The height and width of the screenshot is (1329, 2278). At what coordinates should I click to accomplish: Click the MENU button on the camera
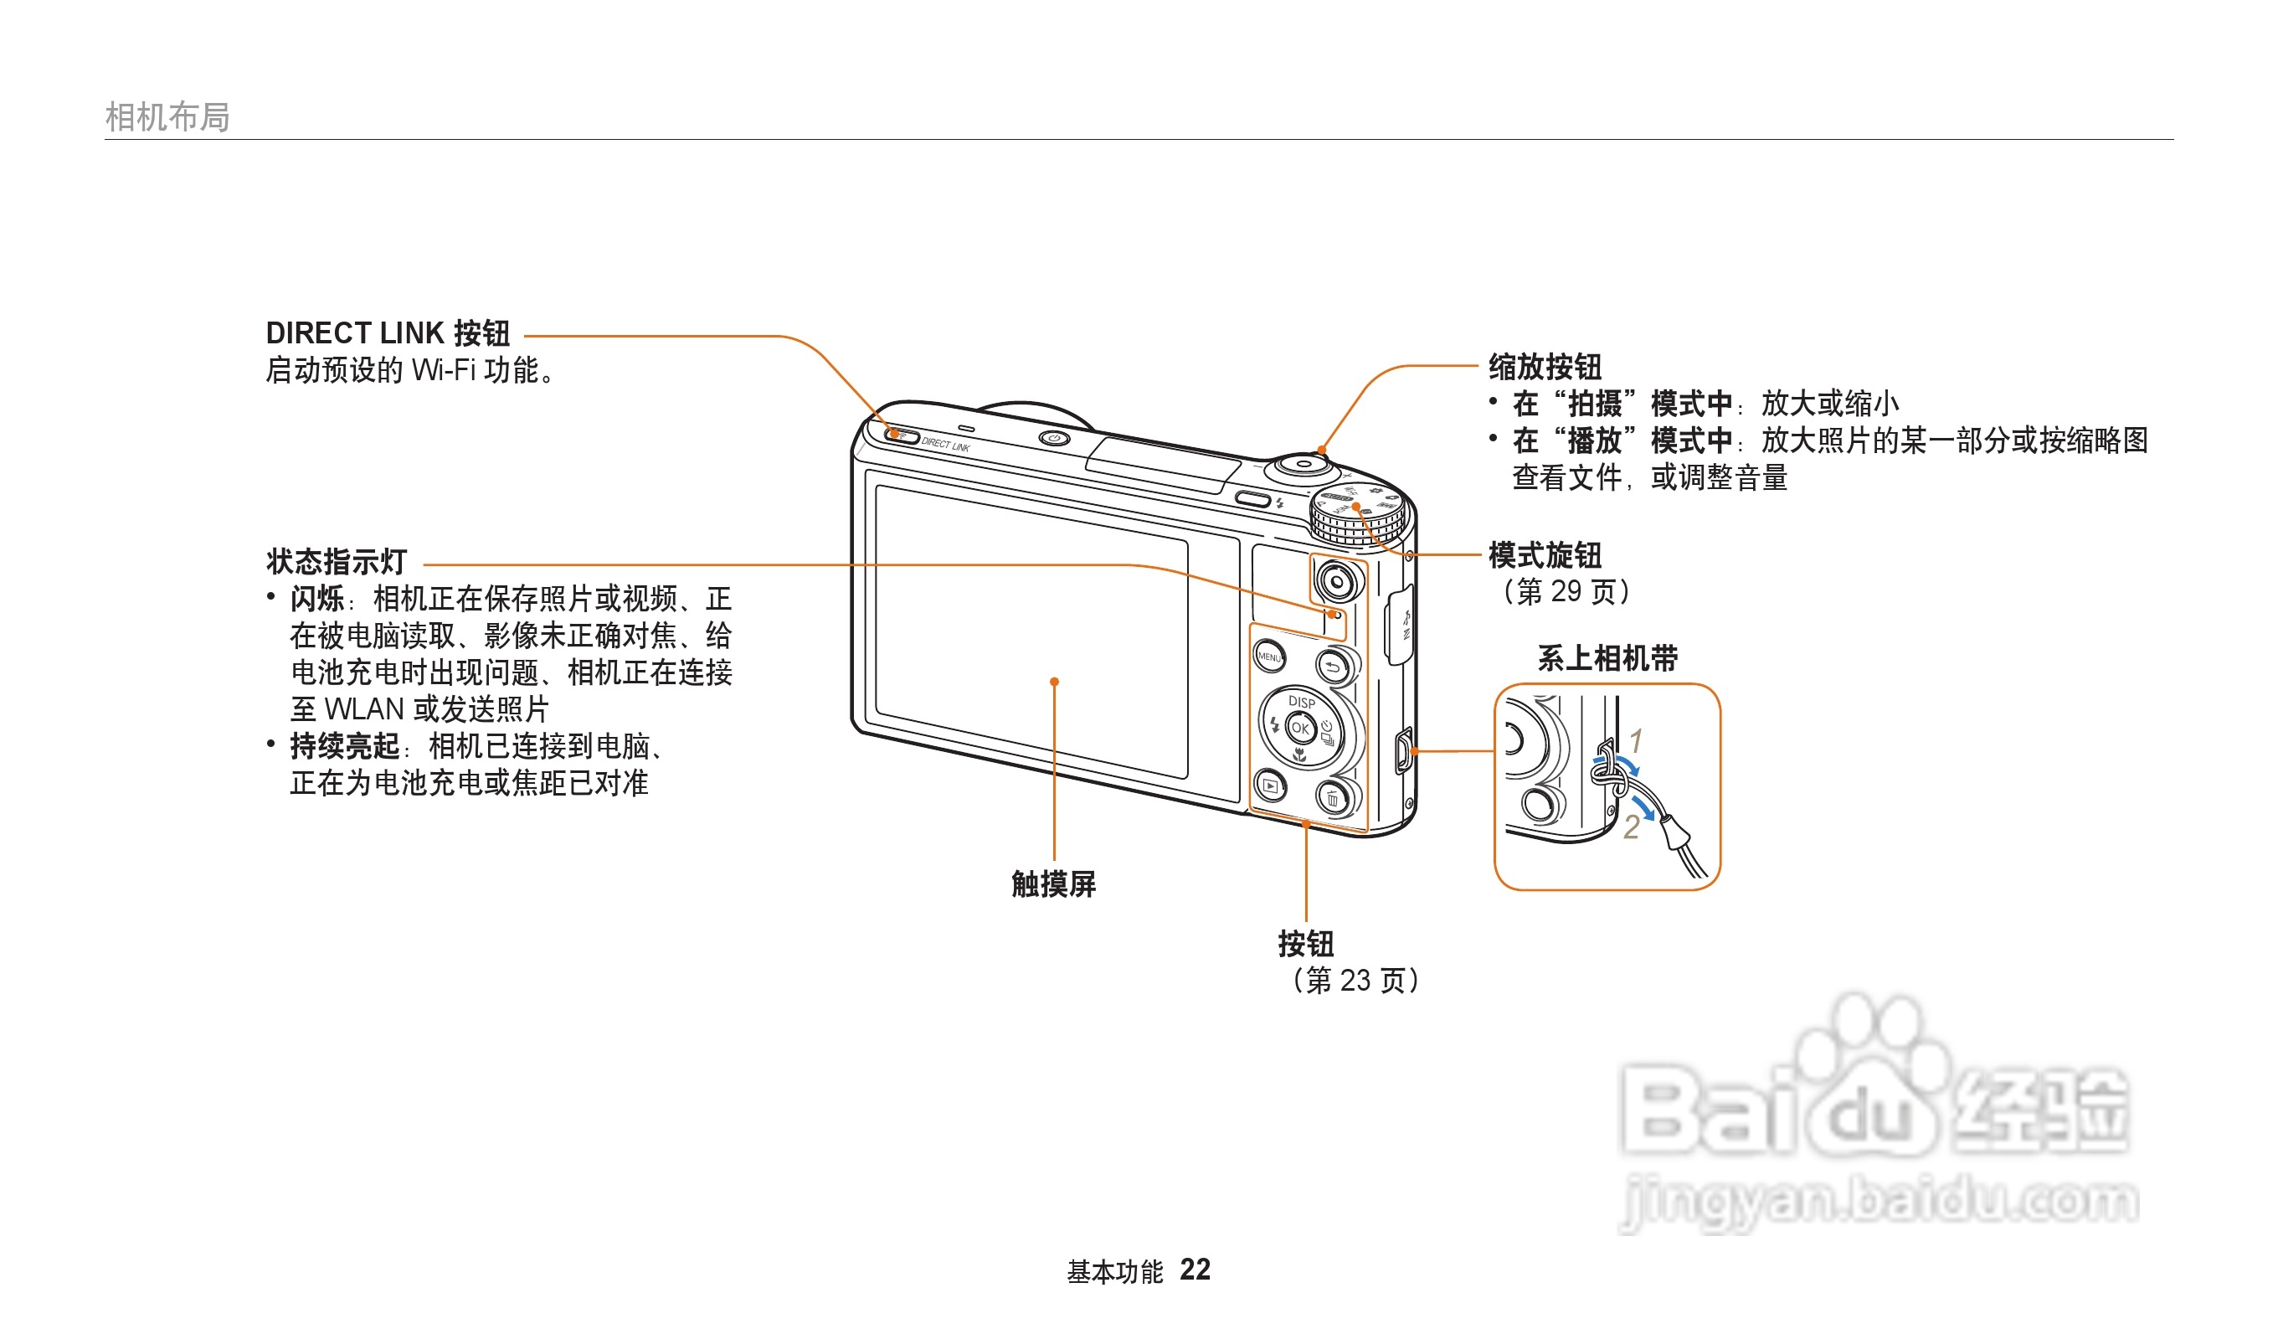point(1269,657)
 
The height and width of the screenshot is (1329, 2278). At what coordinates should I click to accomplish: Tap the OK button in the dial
point(1300,728)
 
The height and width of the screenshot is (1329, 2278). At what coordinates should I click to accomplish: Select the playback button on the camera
point(1270,786)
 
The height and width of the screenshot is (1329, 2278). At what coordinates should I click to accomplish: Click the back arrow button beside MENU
point(1333,667)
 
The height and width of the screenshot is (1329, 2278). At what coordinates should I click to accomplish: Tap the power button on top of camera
point(1053,439)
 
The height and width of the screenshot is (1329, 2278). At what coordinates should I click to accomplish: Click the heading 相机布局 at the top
point(167,116)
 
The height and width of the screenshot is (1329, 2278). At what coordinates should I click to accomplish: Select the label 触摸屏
point(1053,883)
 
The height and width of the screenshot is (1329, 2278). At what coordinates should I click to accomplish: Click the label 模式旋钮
point(1545,554)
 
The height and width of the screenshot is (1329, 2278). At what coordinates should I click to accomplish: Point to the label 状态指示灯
point(337,561)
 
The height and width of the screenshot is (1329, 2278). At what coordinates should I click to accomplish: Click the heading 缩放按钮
point(1545,366)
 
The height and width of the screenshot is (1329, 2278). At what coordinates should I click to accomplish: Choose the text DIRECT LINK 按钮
point(388,332)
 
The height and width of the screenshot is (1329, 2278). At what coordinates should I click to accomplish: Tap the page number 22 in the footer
point(1194,1270)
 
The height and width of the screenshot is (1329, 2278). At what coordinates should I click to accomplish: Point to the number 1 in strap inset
point(1635,740)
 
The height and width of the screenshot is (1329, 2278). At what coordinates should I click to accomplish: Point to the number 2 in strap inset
point(1631,827)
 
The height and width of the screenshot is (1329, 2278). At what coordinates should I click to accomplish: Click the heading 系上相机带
point(1607,657)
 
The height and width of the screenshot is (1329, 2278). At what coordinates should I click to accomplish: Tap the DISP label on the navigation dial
point(1301,702)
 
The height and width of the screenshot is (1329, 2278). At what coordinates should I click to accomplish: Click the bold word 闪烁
point(316,599)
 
